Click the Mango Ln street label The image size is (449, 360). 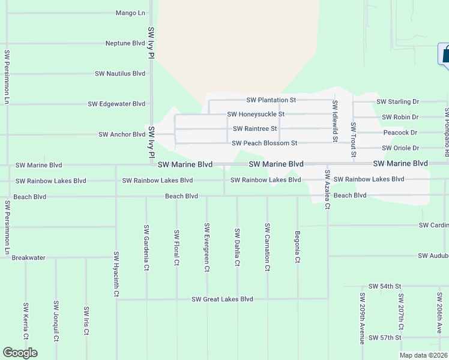tap(131, 13)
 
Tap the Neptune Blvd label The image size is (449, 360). tap(125, 43)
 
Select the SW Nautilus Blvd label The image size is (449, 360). tap(120, 74)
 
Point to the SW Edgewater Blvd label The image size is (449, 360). tap(116, 104)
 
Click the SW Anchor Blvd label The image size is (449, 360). tap(122, 134)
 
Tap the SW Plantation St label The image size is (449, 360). tap(271, 100)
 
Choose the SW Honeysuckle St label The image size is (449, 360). tap(256, 114)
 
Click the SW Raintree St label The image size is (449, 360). tap(255, 128)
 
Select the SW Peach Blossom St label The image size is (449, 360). tap(265, 143)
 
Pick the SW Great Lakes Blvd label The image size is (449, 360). tap(222, 299)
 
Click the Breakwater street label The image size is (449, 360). tap(29, 257)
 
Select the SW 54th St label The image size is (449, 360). tap(385, 287)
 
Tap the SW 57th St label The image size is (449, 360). tap(385, 338)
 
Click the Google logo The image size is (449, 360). tap(20, 353)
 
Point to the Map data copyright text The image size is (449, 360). tap(423, 355)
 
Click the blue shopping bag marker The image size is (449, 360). tap(445, 55)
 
